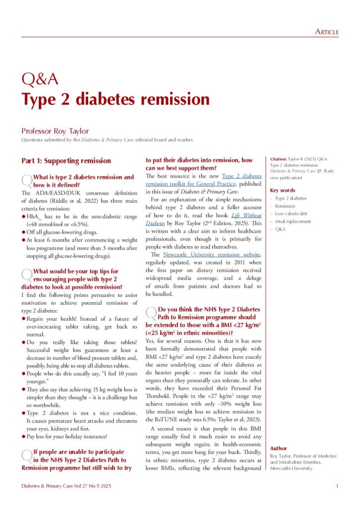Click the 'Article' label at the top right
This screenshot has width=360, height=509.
point(327,32)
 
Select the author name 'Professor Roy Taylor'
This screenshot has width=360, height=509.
point(55,131)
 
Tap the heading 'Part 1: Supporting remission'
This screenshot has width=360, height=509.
point(66,161)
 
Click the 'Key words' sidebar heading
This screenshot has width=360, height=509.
point(282,190)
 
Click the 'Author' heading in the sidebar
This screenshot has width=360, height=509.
point(279,448)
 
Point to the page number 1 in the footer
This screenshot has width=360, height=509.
point(337,486)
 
